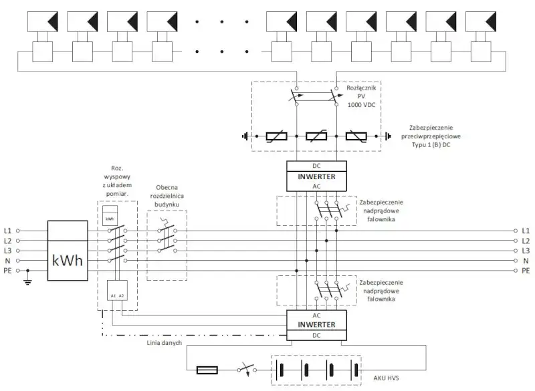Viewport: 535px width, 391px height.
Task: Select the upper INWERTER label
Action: [316, 176]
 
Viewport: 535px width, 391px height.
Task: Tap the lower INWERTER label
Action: [316, 325]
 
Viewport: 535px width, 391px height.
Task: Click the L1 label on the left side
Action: [8, 231]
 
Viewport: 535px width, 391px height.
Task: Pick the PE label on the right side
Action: [526, 271]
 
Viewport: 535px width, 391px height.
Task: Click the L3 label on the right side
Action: [526, 251]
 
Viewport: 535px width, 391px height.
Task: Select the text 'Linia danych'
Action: [164, 342]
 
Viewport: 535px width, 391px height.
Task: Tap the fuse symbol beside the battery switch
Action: [205, 370]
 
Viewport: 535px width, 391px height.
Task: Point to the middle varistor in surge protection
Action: [316, 138]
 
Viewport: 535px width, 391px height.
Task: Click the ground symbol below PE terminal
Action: [27, 281]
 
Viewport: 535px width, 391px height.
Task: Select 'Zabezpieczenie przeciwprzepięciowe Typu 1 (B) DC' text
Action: [439, 136]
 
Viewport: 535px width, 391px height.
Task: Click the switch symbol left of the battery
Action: [245, 370]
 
